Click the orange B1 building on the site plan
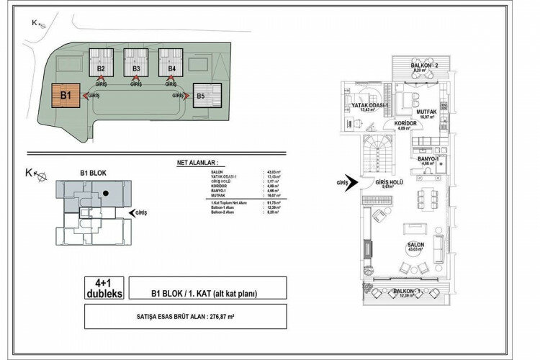click(x=64, y=96)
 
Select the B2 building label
click(x=102, y=69)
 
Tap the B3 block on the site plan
click(x=135, y=69)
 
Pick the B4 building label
click(x=171, y=69)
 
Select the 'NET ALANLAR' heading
click(x=196, y=163)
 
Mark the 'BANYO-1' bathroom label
click(x=427, y=159)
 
